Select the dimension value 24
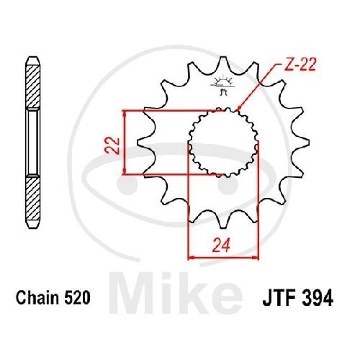[x=220, y=246]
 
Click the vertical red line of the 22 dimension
[x=125, y=142]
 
